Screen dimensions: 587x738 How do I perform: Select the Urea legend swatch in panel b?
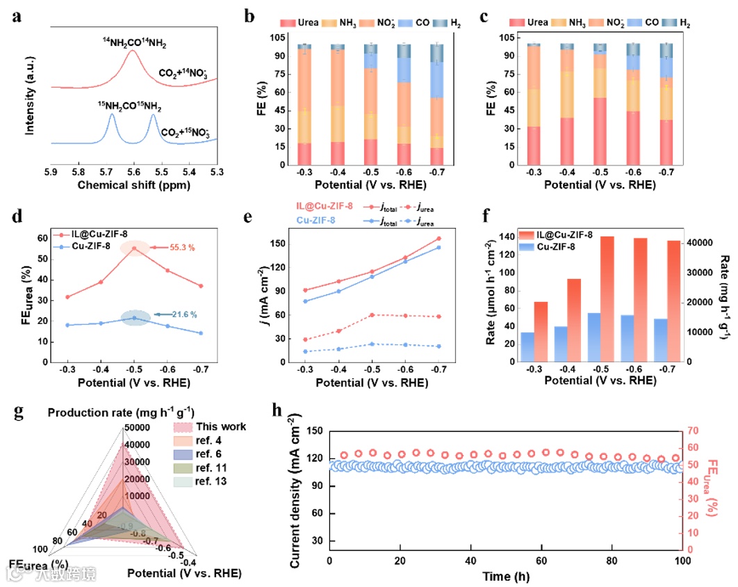click(x=286, y=22)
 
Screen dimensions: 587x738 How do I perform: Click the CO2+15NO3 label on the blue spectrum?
click(x=185, y=131)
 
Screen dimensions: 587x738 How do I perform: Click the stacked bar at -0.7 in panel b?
click(x=436, y=104)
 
